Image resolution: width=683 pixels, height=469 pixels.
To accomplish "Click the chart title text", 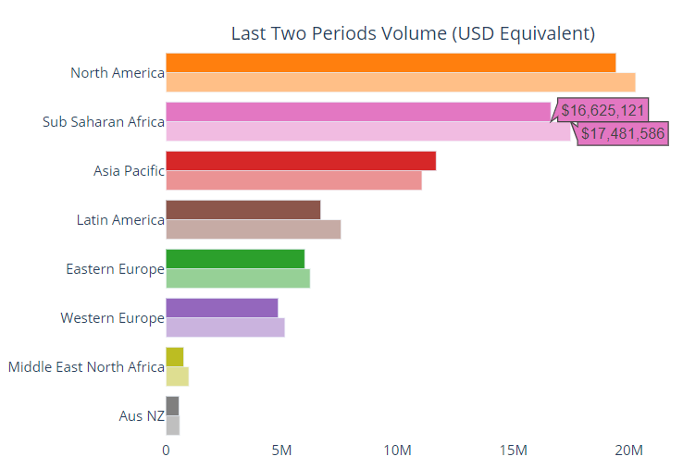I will (x=412, y=34).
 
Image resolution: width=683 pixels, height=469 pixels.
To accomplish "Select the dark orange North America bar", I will (x=391, y=63).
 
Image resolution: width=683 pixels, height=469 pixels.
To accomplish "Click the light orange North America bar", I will (x=400, y=82).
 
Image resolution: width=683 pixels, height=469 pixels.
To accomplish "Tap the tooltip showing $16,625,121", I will (x=602, y=110).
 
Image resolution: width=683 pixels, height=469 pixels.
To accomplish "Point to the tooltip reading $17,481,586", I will (x=623, y=133).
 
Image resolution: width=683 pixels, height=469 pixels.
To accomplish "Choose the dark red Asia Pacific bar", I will (x=301, y=161).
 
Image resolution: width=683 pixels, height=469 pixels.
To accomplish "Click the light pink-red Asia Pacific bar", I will (x=293, y=180).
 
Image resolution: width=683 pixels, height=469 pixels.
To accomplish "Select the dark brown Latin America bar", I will (x=242, y=210).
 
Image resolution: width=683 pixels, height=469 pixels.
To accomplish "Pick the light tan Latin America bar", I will (x=253, y=229).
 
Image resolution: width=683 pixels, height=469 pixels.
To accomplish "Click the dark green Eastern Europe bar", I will (x=235, y=259).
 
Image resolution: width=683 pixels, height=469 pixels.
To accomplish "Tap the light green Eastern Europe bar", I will (x=238, y=278).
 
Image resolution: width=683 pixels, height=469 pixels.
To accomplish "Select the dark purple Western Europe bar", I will (x=221, y=308).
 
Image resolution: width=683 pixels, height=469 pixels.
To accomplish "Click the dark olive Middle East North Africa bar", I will (x=174, y=357).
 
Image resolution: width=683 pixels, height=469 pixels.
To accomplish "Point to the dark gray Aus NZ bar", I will (x=172, y=406).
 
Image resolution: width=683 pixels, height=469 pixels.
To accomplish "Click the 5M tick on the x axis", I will (x=281, y=450).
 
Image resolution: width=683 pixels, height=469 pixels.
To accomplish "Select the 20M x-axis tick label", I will (x=628, y=450).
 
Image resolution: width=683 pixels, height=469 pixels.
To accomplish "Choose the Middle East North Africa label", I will (x=86, y=367).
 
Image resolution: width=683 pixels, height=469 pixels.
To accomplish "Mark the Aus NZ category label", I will (x=142, y=416).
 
